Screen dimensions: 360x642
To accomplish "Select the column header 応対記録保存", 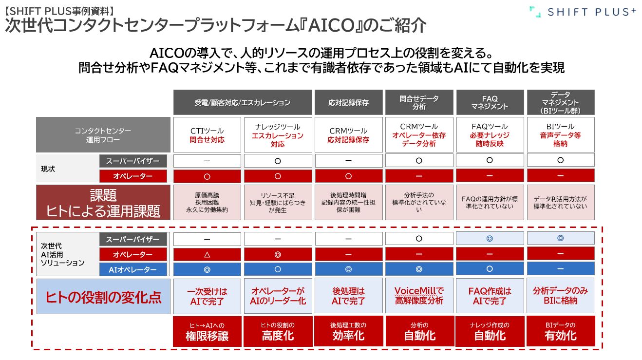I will pos(348,102).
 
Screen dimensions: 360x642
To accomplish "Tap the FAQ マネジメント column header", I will pos(490,102).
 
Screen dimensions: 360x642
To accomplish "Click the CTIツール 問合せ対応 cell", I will pos(207,135).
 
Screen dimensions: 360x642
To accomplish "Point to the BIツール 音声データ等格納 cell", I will pos(561,135).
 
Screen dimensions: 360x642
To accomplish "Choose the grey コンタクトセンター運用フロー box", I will pos(103,135).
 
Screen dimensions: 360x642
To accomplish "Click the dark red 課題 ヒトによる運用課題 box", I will pos(103,202).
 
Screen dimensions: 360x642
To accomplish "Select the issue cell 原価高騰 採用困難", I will pos(207,202).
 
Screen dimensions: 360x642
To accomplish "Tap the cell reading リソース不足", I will pos(278,202).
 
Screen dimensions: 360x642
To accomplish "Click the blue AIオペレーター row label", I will pos(133,269).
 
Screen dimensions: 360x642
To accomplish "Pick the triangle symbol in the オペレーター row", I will pos(207,254).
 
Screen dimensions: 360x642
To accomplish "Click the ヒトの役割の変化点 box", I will pos(103,297).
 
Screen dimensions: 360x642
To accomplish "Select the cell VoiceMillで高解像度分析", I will pos(419,296).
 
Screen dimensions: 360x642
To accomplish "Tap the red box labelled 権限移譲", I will pos(207,331).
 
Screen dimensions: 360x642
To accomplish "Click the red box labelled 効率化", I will pos(348,331).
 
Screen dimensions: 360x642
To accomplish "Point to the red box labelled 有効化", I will pos(561,331).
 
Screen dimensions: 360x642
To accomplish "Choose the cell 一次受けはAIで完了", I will pos(207,296).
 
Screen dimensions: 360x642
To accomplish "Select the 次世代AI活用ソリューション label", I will pos(63,254).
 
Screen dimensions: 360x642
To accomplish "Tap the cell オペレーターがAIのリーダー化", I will pos(278,296).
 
